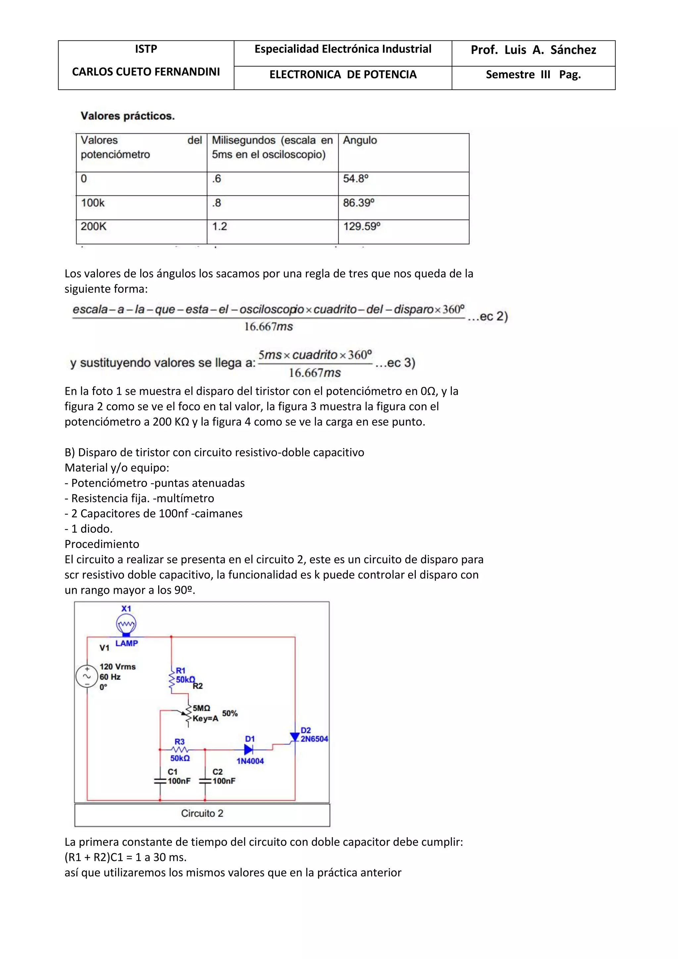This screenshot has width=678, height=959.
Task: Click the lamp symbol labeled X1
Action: [x=126, y=625]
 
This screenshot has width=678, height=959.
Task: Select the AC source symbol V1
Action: [x=87, y=676]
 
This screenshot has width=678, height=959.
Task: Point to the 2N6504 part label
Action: [x=315, y=739]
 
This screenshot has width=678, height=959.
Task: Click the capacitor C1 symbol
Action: [x=160, y=781]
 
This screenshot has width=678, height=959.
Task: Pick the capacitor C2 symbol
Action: [x=205, y=781]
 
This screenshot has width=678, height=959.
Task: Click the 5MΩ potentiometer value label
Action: [x=201, y=708]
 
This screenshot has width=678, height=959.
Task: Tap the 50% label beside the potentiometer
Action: [x=230, y=713]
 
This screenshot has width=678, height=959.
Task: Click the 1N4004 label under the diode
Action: [x=250, y=761]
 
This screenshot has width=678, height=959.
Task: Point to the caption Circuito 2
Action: [x=202, y=813]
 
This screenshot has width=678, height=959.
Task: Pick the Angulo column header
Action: [x=360, y=140]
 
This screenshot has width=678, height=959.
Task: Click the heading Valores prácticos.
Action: [x=127, y=116]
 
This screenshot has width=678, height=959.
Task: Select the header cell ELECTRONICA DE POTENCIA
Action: [x=343, y=75]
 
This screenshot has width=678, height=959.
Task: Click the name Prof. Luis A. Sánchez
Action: [x=533, y=50]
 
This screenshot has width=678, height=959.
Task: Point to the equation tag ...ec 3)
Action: [x=395, y=363]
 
